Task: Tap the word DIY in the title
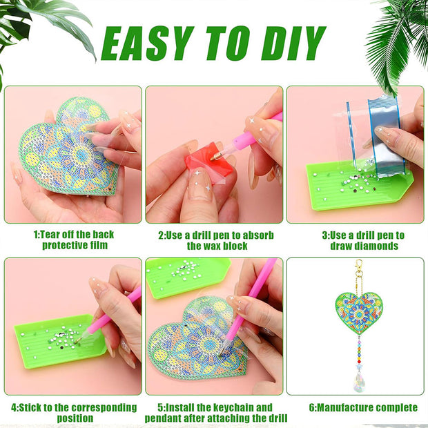coord(293,43)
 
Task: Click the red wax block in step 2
coord(208,159)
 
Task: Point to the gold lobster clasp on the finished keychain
coord(359,266)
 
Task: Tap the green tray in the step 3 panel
coord(358,186)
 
